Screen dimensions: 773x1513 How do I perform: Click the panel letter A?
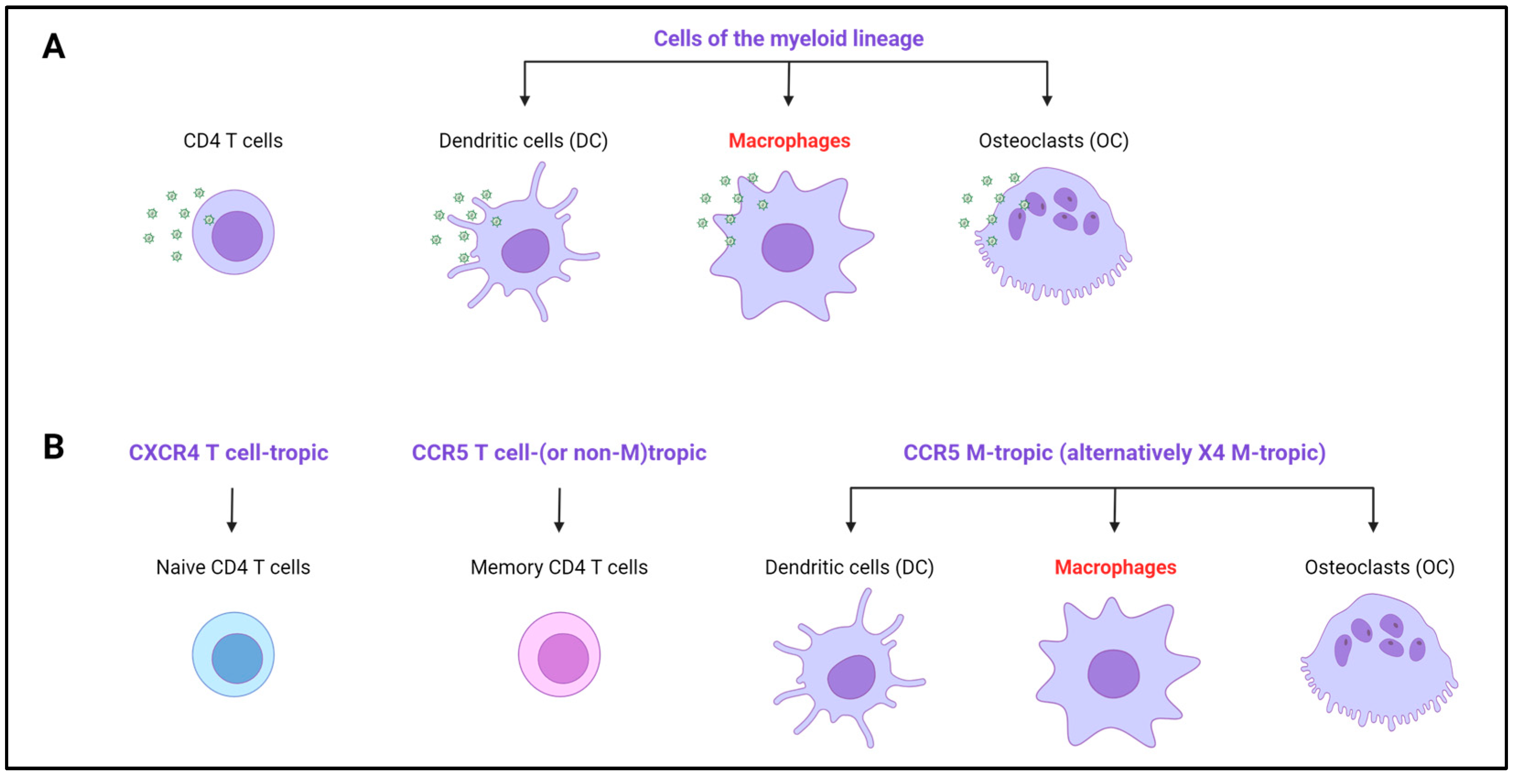click(54, 46)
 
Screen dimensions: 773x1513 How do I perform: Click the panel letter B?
click(54, 447)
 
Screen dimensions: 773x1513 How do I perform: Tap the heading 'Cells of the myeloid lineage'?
click(788, 39)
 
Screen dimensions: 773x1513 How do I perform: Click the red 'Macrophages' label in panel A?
click(789, 141)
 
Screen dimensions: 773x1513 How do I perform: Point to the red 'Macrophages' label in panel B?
click(1115, 568)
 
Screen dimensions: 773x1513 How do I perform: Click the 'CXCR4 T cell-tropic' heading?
click(228, 453)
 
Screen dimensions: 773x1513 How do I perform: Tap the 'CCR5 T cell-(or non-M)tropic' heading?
click(559, 453)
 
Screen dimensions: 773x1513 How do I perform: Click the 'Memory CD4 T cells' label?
click(559, 568)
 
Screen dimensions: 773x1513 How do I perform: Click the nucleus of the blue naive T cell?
click(237, 658)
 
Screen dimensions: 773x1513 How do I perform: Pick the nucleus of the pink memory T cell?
click(563, 658)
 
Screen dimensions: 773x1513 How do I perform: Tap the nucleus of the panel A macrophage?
click(787, 248)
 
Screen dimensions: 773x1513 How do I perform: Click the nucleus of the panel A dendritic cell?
click(525, 251)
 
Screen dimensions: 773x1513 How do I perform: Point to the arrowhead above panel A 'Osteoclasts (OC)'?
click(1047, 101)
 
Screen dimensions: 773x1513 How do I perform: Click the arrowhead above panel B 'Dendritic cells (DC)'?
click(851, 527)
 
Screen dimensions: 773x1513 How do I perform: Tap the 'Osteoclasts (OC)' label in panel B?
click(1379, 568)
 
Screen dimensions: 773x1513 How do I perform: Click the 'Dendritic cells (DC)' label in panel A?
click(523, 141)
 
